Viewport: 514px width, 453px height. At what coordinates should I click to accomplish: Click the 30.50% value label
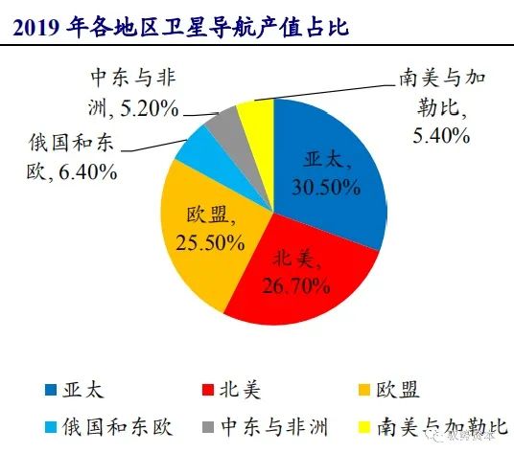pos(326,188)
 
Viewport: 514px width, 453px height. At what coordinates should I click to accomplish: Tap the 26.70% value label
pos(296,286)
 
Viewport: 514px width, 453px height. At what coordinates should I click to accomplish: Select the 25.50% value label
pos(210,243)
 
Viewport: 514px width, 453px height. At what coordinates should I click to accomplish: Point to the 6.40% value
pos(88,171)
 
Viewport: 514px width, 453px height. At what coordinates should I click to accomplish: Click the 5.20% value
pos(150,108)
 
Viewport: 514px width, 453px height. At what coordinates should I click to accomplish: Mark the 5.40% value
pos(441,135)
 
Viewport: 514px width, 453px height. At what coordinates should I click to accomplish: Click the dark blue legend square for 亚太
pos(51,390)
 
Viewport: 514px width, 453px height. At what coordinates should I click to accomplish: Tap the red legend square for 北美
pos(208,390)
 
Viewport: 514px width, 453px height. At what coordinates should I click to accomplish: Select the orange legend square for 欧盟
pos(364,390)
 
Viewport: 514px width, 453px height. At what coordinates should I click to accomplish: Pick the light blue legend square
pos(51,427)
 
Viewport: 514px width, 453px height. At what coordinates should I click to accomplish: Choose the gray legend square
pos(208,427)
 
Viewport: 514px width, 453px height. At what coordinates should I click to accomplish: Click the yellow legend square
pos(364,427)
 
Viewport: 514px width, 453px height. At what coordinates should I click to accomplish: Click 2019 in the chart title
pos(36,28)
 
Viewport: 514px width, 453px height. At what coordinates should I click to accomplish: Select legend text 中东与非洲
pos(274,427)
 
